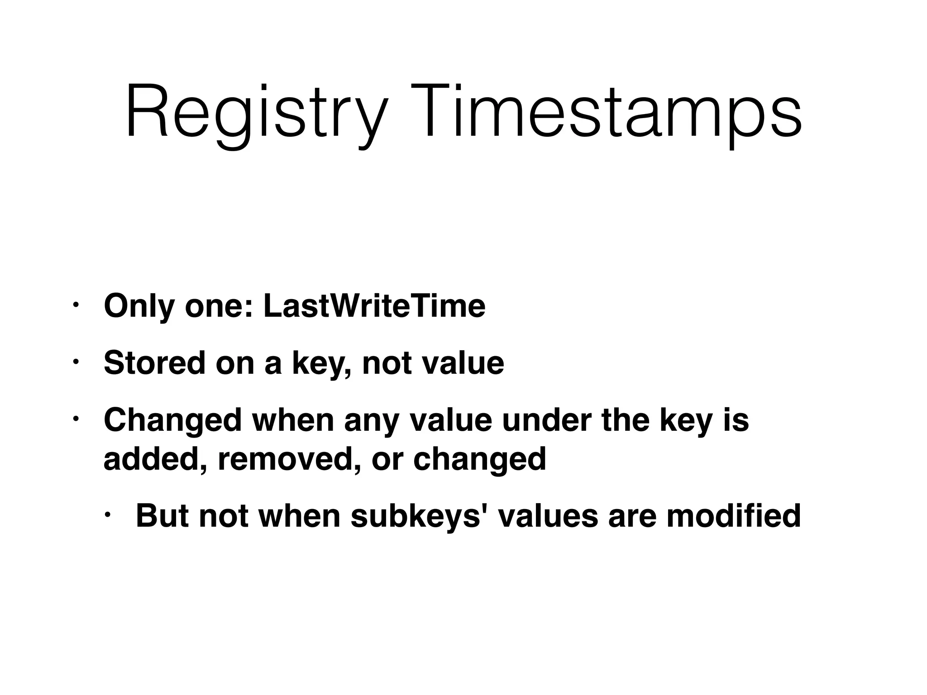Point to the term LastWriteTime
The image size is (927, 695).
[374, 306]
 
